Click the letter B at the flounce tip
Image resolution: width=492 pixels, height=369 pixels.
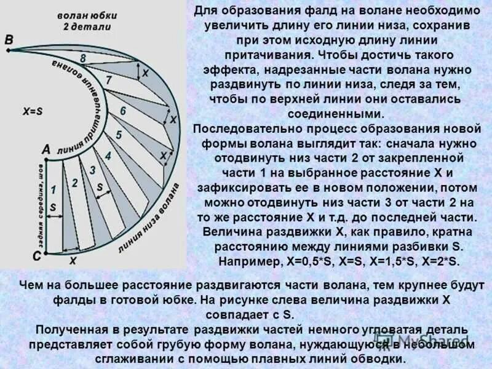click(x=8, y=40)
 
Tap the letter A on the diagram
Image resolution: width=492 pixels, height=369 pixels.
click(x=46, y=149)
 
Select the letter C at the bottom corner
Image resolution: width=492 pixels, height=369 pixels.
click(x=36, y=255)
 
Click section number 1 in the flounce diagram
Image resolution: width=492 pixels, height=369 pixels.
click(x=54, y=189)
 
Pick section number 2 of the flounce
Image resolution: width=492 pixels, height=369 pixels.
click(x=74, y=183)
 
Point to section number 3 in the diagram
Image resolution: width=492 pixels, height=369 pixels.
click(x=93, y=170)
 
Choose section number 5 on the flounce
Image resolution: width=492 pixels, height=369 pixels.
click(x=119, y=135)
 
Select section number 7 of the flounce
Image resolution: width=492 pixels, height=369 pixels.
click(x=109, y=81)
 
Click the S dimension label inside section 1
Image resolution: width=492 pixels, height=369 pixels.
click(x=52, y=208)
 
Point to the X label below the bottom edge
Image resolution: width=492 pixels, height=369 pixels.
click(x=73, y=261)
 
